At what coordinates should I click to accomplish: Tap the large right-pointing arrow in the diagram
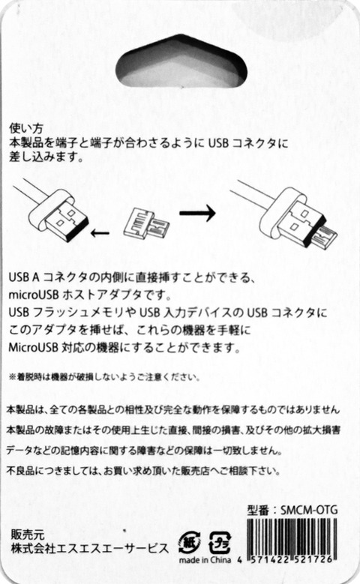click(x=197, y=213)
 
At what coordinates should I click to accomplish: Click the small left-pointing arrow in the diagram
click(x=100, y=234)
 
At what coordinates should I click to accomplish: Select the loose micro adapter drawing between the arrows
click(x=146, y=226)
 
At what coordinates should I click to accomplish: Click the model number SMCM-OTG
click(x=309, y=510)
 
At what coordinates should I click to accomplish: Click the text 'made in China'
click(x=205, y=560)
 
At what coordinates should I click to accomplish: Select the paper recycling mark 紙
click(x=189, y=542)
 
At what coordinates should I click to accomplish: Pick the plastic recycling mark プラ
click(x=220, y=542)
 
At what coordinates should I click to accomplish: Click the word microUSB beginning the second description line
click(x=34, y=295)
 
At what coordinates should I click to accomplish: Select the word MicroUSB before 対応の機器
click(x=34, y=348)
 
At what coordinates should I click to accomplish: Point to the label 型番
click(x=258, y=510)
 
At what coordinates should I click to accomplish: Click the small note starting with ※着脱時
click(x=104, y=377)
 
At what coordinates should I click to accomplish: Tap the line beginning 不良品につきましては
click(x=143, y=471)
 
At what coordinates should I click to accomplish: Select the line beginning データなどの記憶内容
click(x=144, y=451)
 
